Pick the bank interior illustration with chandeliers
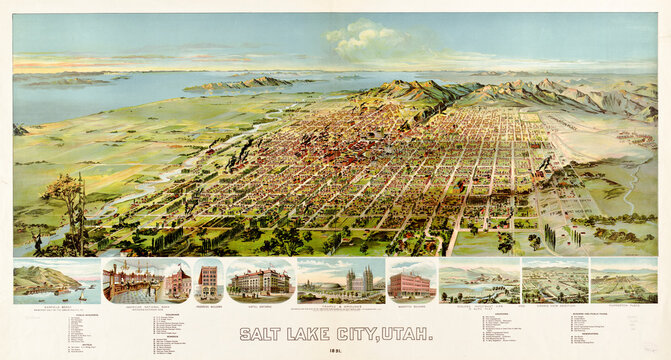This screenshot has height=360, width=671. [x=133, y=282]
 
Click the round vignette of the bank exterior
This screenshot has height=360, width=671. [x=177, y=283]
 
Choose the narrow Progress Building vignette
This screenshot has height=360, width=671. [x=208, y=283]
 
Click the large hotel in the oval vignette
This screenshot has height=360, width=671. [x=259, y=282]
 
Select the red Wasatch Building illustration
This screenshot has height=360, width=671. [x=410, y=284]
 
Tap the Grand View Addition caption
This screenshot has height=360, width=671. [x=555, y=307]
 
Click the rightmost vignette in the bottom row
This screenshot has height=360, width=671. [x=623, y=282]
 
